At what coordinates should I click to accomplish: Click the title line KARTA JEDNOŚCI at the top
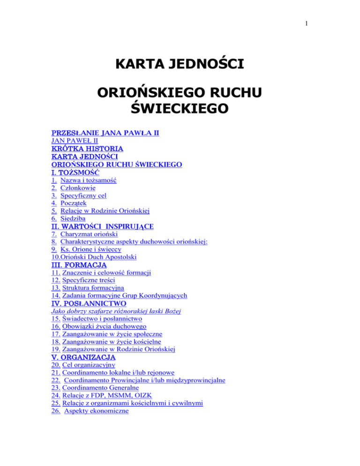[x=180, y=62]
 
